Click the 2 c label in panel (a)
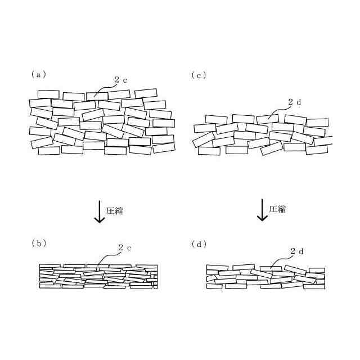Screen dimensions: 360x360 click(121, 80)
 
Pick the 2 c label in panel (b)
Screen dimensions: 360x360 click(125, 247)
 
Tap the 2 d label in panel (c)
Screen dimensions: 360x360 click(295, 102)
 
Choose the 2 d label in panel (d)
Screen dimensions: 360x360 click(298, 251)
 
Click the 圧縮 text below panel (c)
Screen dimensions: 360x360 click(277, 209)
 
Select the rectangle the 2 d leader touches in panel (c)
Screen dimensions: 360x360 click(267, 119)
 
